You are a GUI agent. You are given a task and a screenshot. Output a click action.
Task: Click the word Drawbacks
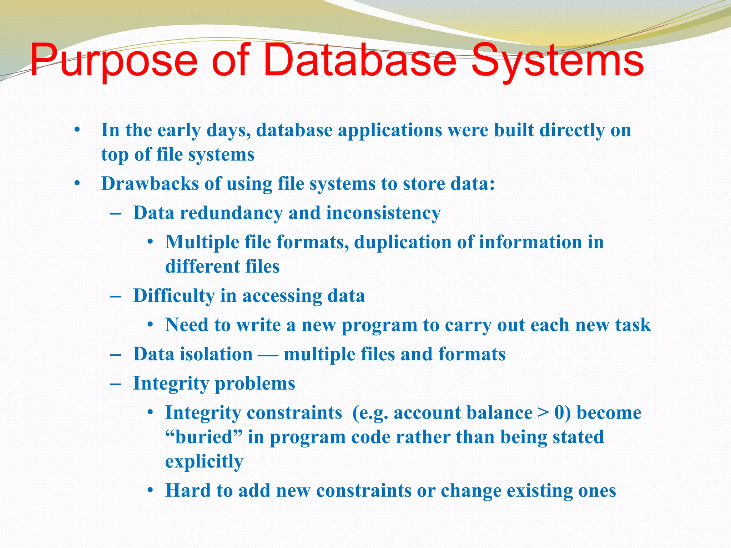click(150, 184)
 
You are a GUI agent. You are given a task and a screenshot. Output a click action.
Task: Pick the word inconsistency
click(383, 213)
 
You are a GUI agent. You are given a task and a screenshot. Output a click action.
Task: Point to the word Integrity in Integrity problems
click(171, 384)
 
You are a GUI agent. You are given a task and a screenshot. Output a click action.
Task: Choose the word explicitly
click(204, 462)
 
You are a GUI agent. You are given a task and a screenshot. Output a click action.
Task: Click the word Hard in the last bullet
click(188, 491)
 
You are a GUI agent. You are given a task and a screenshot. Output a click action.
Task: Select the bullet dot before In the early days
click(77, 130)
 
